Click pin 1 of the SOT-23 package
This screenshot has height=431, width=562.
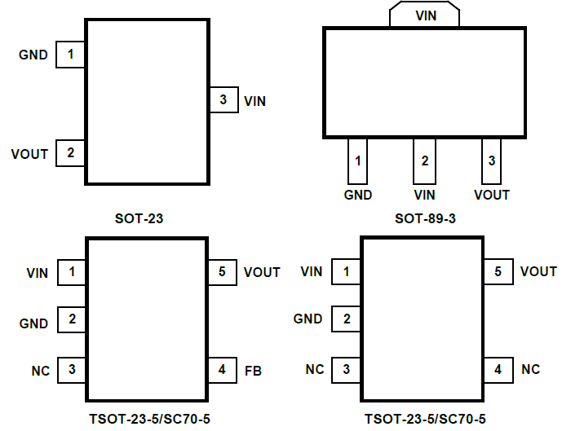click(x=70, y=55)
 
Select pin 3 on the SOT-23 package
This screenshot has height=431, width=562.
click(x=223, y=101)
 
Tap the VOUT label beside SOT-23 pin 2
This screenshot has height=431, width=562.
click(x=29, y=153)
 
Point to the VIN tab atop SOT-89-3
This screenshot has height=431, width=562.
click(x=425, y=15)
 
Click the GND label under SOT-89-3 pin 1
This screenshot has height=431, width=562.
click(x=357, y=196)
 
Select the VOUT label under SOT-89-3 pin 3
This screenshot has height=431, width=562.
click(x=491, y=196)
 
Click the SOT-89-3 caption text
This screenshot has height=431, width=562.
click(x=425, y=219)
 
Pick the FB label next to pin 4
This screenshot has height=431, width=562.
click(x=252, y=371)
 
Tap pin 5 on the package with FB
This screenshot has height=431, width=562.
click(x=223, y=272)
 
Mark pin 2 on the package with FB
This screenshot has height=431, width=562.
click(x=73, y=320)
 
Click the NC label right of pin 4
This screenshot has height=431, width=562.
click(x=530, y=370)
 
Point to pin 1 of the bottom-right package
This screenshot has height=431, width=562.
click(x=347, y=271)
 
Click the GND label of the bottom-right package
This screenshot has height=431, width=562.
click(x=308, y=319)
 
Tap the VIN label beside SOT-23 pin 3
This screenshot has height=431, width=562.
click(x=254, y=102)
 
